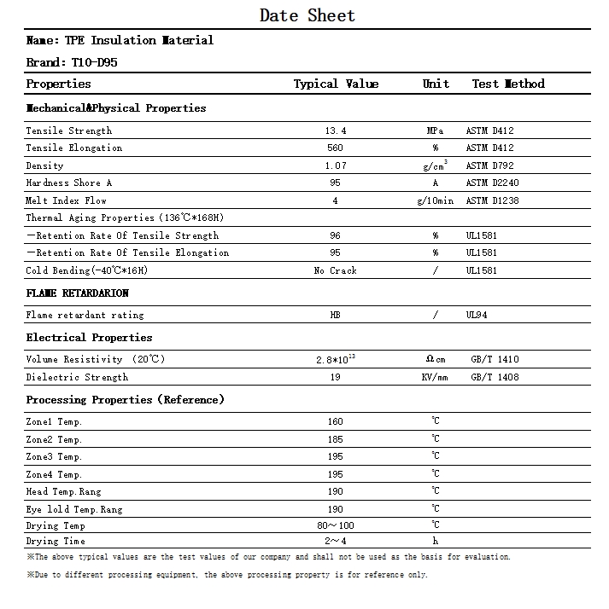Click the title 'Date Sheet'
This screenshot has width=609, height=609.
307,15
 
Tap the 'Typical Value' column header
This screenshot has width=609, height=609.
336,84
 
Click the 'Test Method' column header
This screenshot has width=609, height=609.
508,84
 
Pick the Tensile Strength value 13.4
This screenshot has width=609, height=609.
336,130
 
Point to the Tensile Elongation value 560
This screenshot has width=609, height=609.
336,148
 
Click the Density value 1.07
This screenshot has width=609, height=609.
336,165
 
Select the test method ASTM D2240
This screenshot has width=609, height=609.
492,183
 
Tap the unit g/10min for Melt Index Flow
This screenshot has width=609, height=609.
436,200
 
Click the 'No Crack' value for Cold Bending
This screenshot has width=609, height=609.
336,270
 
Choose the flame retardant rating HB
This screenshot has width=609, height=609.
336,315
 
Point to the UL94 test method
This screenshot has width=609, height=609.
478,315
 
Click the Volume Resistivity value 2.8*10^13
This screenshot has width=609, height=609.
336,359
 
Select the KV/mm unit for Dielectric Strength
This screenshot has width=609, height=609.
436,377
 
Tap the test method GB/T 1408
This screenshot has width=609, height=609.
495,377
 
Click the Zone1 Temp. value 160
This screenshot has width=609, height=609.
336,421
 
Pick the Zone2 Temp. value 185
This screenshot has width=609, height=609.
336,439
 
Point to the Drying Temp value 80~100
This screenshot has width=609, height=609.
336,525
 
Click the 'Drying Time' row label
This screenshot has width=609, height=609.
56,541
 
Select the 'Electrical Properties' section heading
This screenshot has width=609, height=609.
89,338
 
